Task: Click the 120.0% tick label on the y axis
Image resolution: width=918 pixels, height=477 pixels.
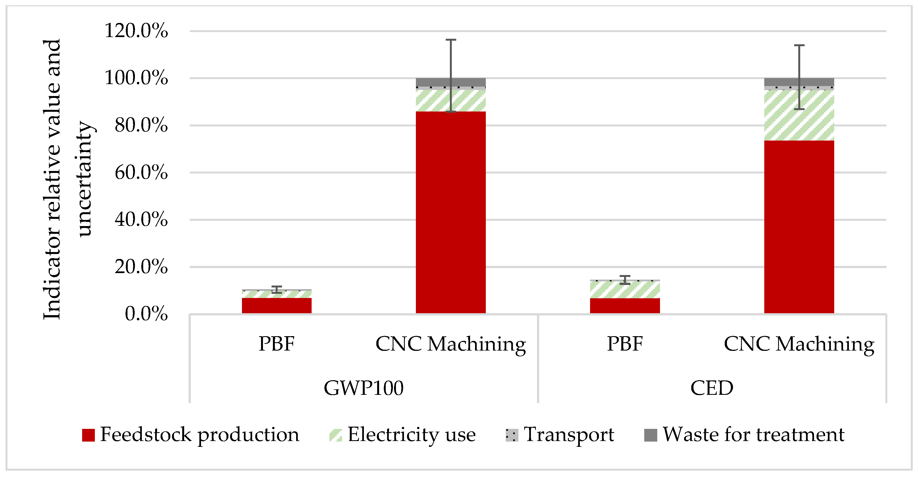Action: pos(136,31)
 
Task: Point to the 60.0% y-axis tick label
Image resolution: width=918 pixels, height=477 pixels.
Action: pos(141,173)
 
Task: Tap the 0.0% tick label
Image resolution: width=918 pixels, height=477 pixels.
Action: pos(146,314)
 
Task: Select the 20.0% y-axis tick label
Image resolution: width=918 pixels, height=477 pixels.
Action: pos(141,267)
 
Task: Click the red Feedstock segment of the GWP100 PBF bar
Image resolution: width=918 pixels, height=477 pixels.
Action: pos(277,306)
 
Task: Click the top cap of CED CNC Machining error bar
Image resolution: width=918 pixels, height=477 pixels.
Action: pos(799,46)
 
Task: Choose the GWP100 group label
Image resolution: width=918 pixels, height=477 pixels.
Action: pos(364,388)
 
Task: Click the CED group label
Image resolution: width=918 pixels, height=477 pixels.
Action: pos(712,388)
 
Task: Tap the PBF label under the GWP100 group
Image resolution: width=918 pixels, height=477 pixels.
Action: pos(277,344)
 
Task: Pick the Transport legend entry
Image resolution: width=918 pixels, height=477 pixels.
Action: pos(568,435)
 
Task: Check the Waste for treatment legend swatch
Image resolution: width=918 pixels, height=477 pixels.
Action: pos(650,435)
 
